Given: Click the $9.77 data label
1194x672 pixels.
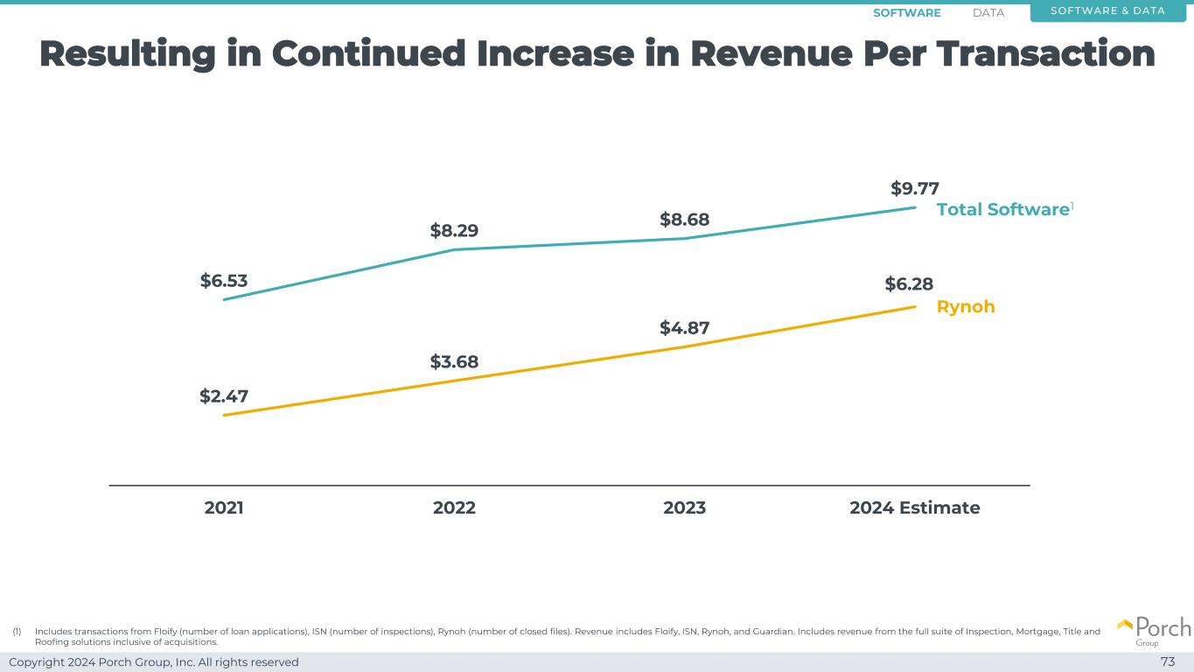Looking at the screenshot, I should point(915,188).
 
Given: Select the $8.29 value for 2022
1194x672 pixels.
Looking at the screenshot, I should point(454,231).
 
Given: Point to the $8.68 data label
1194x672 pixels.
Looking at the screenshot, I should point(684,219).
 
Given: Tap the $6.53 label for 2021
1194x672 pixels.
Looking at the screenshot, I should point(224,281).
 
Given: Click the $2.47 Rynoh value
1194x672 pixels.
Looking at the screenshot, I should point(224,396).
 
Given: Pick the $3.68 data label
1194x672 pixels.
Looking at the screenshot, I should point(454,361).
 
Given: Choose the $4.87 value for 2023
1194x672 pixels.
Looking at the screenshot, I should point(684,328).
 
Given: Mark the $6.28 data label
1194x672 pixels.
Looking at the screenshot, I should point(909,283).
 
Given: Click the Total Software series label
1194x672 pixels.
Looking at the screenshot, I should point(1002,209).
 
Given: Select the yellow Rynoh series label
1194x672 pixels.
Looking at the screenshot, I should point(966,307).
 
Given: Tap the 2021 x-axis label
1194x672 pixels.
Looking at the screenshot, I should point(224,507).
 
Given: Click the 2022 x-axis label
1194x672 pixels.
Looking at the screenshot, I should point(454,507).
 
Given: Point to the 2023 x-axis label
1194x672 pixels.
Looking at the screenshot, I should point(684,507).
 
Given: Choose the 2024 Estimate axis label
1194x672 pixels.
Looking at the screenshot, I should point(914,507).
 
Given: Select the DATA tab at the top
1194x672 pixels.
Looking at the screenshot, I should point(988,13).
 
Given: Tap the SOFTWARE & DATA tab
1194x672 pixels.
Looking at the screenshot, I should point(1107,10).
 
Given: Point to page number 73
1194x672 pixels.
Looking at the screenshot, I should point(1167,661).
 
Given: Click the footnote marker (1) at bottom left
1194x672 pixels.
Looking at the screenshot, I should point(17,631).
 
